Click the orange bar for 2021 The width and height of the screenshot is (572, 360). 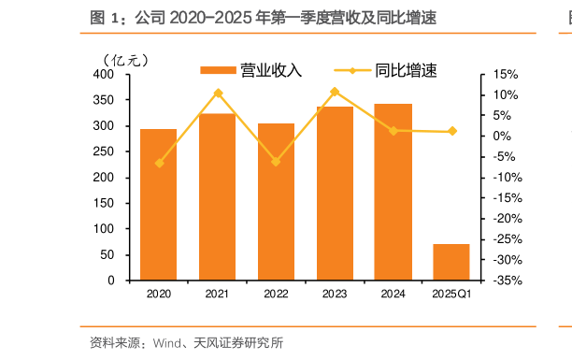click(x=217, y=196)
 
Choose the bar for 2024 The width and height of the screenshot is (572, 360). click(x=393, y=192)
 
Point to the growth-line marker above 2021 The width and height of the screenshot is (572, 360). click(x=218, y=94)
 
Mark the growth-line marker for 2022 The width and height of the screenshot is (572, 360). click(x=276, y=162)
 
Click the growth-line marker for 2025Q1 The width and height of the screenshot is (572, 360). click(x=452, y=131)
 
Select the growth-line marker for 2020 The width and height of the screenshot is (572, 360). click(x=159, y=163)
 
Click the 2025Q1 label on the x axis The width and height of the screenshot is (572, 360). click(x=451, y=295)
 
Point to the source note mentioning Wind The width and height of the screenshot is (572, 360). click(x=186, y=343)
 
